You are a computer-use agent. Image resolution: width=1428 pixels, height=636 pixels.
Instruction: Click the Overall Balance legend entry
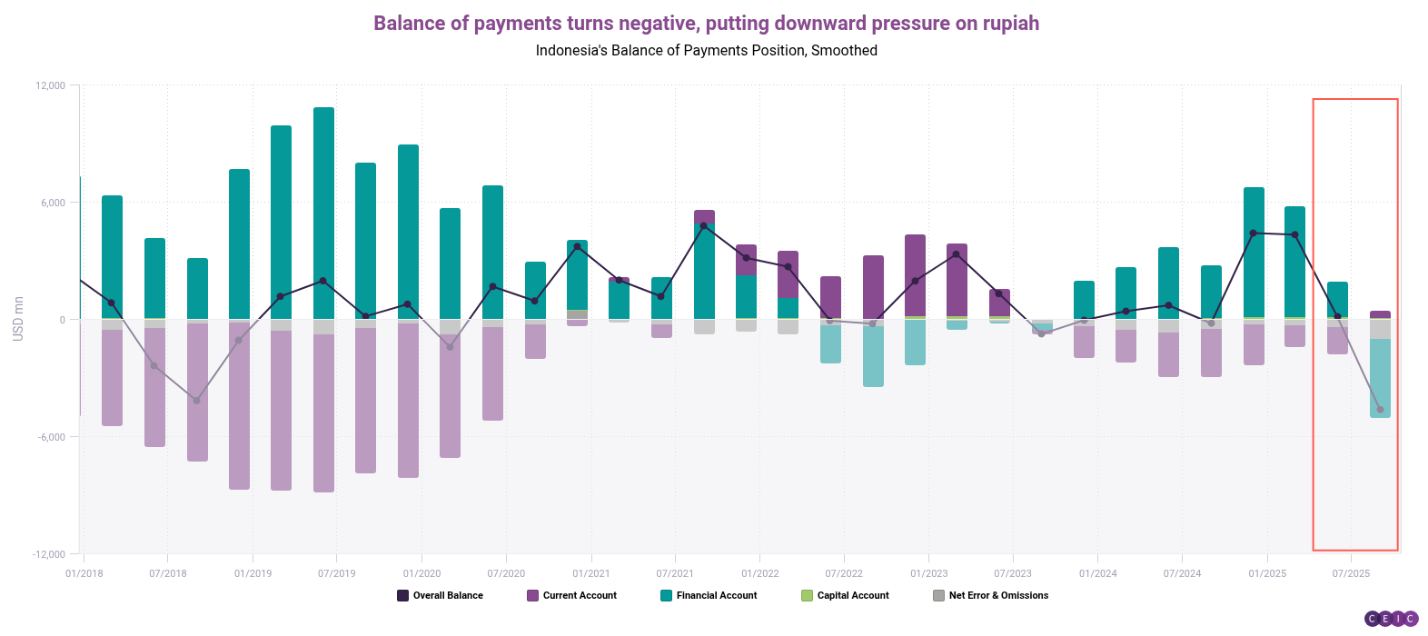pos(440,596)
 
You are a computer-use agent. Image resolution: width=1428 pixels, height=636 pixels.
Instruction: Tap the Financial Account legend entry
pos(709,596)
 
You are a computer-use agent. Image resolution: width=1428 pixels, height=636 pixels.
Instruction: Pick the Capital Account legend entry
pos(845,596)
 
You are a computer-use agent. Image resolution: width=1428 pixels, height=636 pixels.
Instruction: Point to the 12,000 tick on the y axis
pos(51,85)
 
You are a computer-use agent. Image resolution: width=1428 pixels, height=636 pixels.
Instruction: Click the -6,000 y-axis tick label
pos(51,437)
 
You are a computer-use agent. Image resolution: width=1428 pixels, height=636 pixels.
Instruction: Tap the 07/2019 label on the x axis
pos(336,573)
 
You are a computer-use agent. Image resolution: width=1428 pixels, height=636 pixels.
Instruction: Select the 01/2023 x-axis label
pos(928,573)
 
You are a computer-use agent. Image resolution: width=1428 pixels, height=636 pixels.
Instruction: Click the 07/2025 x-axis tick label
pos(1351,573)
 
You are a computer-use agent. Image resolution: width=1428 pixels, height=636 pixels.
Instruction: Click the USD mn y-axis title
pos(18,319)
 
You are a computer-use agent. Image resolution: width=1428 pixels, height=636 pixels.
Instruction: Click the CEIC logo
pos(1391,619)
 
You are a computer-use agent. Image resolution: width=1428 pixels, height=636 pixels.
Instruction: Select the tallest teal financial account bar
pos(323,214)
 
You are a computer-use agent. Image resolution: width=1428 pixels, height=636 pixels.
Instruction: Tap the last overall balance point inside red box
pos(1380,410)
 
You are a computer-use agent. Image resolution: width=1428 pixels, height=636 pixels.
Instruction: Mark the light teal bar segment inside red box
pos(1380,378)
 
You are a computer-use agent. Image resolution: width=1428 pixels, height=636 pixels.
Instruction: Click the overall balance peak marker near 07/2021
pos(704,225)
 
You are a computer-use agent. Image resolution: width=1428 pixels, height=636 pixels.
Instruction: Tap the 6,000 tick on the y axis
pos(53,203)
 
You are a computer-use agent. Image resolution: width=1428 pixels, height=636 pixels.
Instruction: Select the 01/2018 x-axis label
pos(84,573)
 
